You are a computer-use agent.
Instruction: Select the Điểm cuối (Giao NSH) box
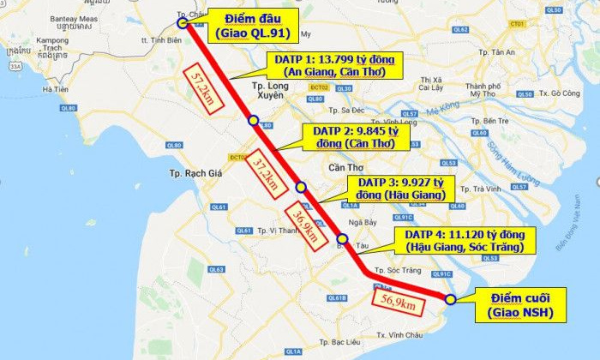[521, 304]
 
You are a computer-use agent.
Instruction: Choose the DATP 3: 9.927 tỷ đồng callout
[400, 189]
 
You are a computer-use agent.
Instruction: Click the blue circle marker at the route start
[183, 24]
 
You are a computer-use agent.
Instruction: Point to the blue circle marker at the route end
[450, 298]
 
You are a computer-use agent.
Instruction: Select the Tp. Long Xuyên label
[275, 93]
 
